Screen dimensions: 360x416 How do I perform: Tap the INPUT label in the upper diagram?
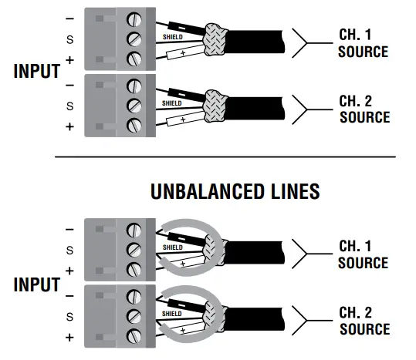(36, 71)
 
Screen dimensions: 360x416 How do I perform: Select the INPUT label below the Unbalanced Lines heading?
(36, 284)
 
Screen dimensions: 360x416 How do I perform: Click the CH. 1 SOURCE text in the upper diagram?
(362, 43)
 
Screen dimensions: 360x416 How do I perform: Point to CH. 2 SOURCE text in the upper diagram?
(364, 109)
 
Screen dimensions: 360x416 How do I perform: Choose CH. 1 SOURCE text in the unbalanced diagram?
(363, 254)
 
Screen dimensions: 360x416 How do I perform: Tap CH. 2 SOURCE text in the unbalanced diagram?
(364, 321)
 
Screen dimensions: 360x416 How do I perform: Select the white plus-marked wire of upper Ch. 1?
(182, 52)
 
